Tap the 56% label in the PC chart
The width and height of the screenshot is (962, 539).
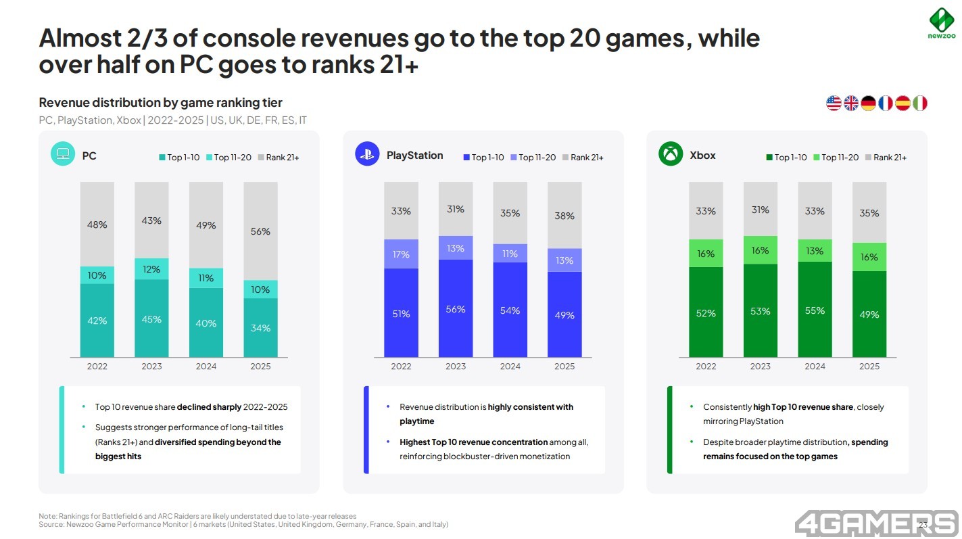click(260, 231)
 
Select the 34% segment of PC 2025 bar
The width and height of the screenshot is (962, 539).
click(260, 328)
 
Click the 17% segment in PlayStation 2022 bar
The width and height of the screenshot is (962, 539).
click(401, 254)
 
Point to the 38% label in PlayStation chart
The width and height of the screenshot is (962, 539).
click(564, 216)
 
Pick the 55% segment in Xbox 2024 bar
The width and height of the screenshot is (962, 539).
click(815, 310)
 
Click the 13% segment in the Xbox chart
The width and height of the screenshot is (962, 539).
click(815, 251)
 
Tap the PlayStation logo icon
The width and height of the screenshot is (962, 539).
click(367, 154)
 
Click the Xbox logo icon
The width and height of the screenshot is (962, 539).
click(671, 154)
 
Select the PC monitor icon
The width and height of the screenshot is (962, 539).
click(63, 154)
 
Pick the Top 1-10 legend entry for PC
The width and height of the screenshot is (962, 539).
click(179, 158)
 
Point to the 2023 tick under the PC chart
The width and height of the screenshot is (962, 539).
click(151, 367)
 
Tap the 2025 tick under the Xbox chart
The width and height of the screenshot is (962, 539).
click(869, 367)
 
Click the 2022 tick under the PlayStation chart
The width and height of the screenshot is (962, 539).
click(401, 367)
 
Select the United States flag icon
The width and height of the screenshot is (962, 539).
click(834, 103)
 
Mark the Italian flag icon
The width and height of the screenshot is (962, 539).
click(919, 103)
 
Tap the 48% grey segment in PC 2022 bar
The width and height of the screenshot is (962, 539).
click(97, 225)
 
